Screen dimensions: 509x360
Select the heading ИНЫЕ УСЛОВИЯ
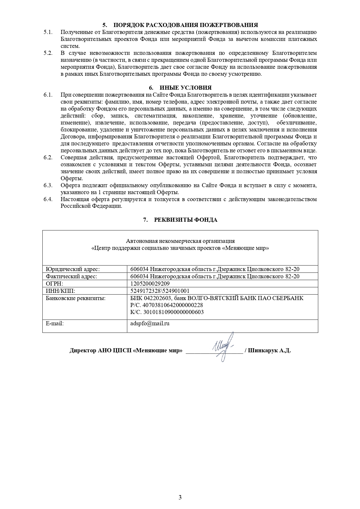[x=186, y=88]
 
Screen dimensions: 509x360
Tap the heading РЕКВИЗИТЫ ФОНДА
[x=186, y=220]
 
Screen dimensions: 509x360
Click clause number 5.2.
[x=48, y=53]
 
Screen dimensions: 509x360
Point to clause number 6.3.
[x=48, y=185]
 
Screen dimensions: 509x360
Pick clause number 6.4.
[x=48, y=199]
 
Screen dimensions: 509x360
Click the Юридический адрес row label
[x=73, y=269]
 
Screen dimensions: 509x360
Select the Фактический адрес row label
[x=71, y=276]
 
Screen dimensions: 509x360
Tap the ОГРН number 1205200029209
[x=150, y=284]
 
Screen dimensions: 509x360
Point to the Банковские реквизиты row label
[x=75, y=298]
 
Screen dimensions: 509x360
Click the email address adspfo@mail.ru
[x=150, y=323]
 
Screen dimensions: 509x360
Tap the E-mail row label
[x=55, y=323]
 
